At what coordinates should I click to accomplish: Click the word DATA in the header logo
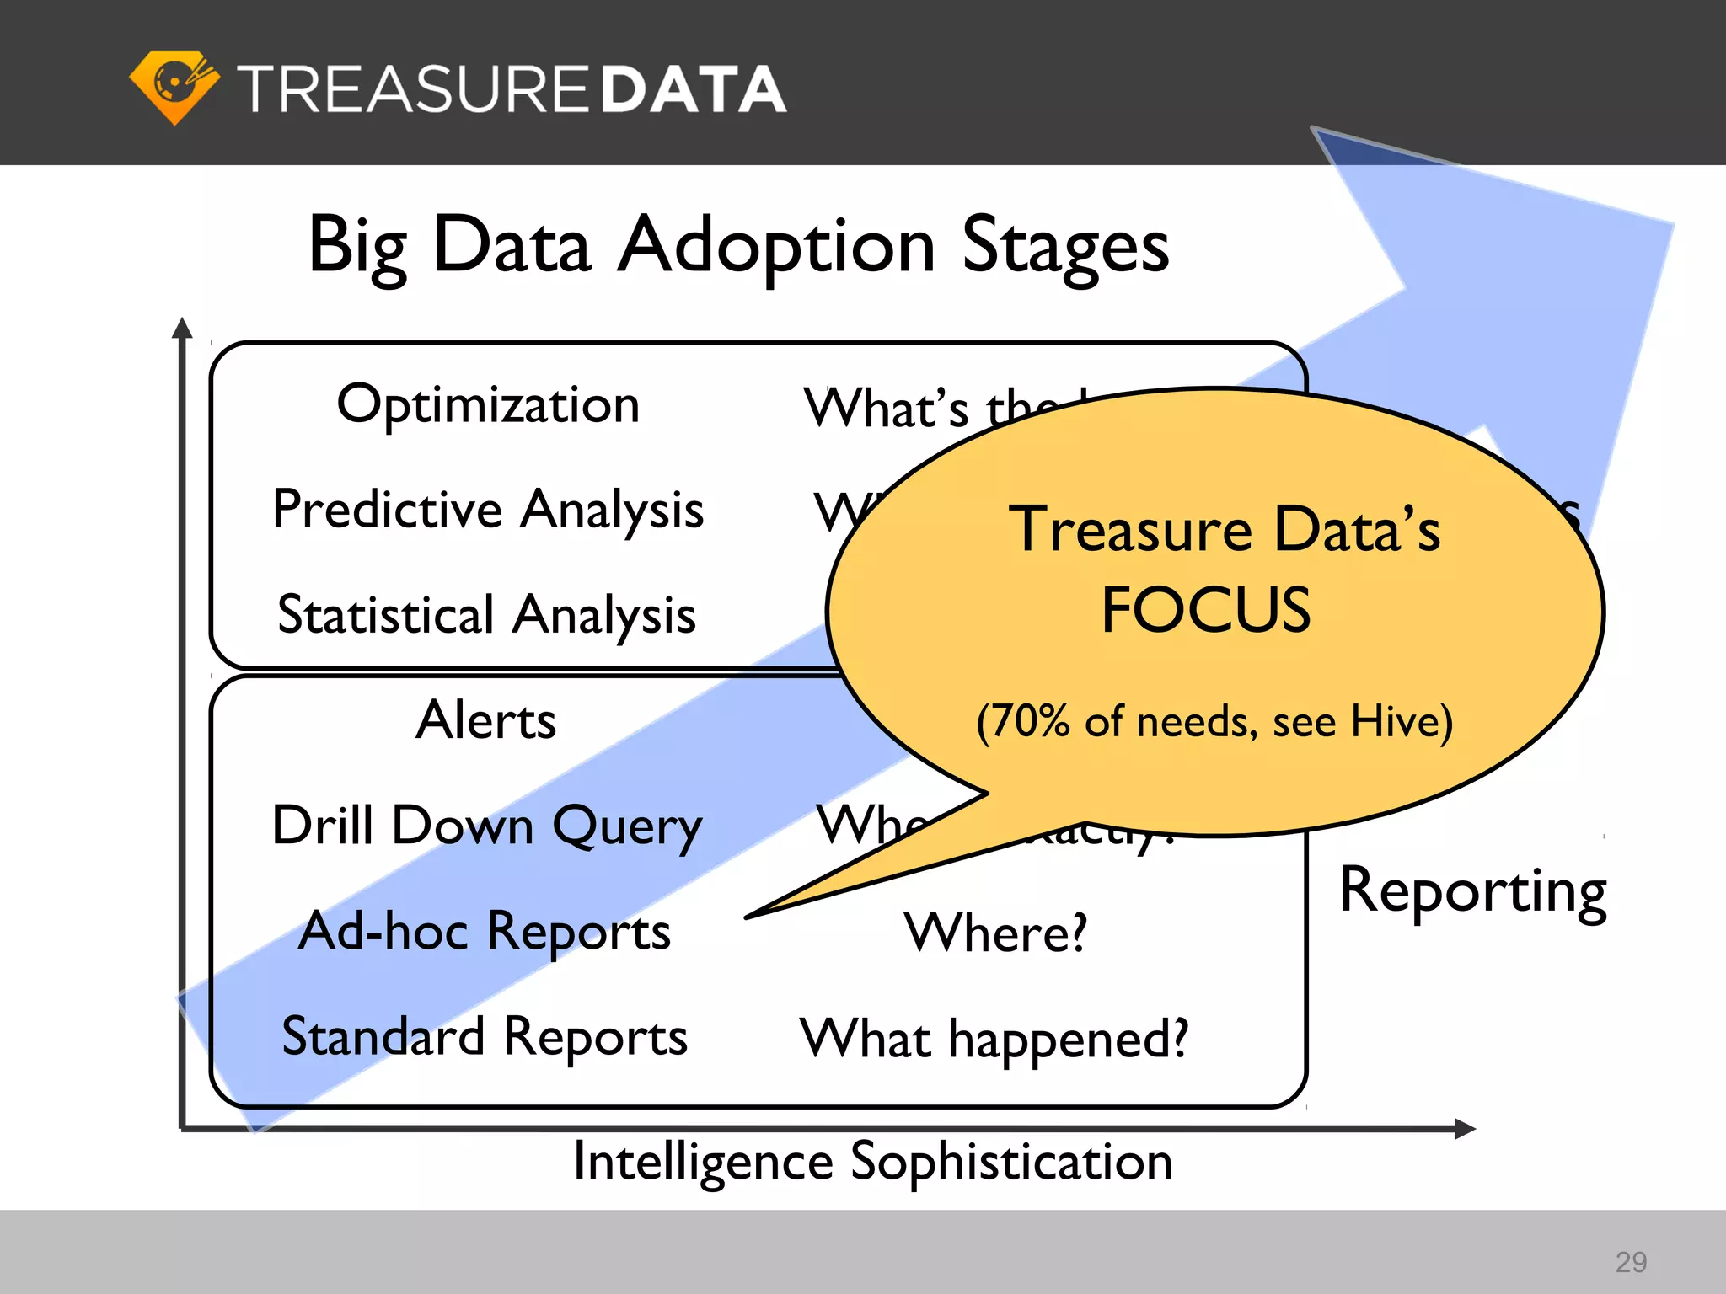(x=693, y=89)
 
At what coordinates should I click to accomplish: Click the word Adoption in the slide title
(x=775, y=246)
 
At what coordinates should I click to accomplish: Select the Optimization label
(x=488, y=405)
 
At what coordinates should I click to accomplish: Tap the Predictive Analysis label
(x=488, y=511)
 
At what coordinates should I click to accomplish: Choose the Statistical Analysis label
(x=486, y=615)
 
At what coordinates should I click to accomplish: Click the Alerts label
(x=486, y=721)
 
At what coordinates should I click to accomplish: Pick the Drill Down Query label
(x=486, y=826)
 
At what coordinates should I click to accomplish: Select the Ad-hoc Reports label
(x=485, y=932)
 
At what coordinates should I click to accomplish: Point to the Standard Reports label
(x=485, y=1037)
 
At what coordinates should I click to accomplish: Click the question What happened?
(x=994, y=1039)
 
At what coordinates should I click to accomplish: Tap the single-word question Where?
(x=995, y=933)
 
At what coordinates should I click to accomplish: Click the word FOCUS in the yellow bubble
(x=1206, y=610)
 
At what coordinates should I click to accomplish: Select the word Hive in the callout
(x=1395, y=722)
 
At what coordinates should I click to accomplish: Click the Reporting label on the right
(x=1472, y=892)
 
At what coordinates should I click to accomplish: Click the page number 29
(x=1631, y=1261)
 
